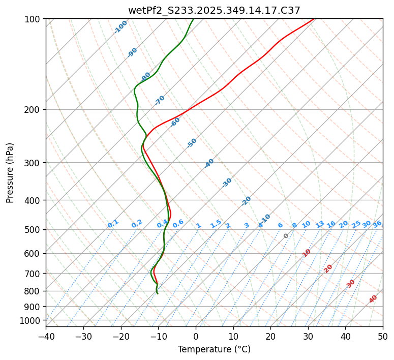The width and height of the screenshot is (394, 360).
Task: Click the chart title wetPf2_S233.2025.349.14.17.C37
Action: (214, 10)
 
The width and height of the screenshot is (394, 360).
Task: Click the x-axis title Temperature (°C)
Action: (214, 350)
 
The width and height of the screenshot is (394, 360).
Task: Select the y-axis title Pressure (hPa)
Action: (10, 172)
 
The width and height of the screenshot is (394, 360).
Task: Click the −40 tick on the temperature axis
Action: (46, 337)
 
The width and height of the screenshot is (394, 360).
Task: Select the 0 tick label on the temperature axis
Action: (196, 337)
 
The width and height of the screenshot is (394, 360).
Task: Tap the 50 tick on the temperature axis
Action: (383, 337)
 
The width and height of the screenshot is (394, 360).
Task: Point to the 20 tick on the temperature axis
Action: (270, 337)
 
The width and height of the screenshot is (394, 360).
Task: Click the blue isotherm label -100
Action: (120, 26)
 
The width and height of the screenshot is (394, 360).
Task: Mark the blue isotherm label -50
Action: (192, 143)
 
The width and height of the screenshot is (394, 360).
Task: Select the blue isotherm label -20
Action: (246, 201)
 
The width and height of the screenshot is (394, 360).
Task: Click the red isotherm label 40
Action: (373, 299)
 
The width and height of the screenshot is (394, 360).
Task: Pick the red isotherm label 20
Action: (328, 268)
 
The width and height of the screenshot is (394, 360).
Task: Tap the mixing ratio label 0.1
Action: (113, 224)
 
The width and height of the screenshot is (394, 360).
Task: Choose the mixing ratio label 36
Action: (377, 224)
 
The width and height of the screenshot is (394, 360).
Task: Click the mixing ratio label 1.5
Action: (216, 224)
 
